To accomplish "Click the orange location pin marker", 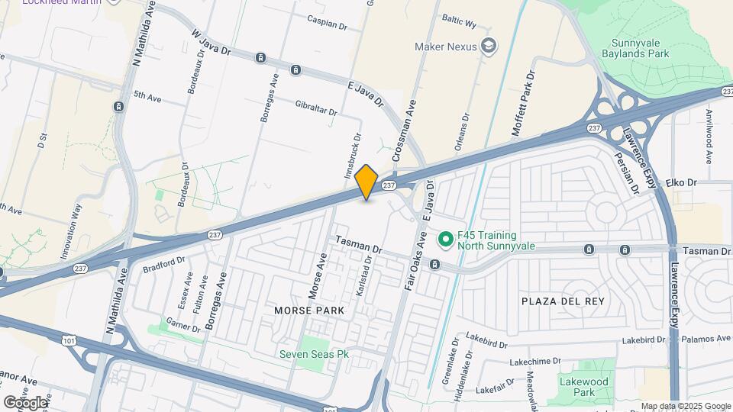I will pyautogui.click(x=366, y=182).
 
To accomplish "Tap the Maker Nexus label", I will pyautogui.click(x=445, y=47).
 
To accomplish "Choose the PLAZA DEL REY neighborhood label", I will pyautogui.click(x=563, y=301).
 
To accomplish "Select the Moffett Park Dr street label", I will pyautogui.click(x=526, y=98).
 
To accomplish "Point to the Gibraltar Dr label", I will pyautogui.click(x=310, y=108).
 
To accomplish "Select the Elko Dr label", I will pyautogui.click(x=682, y=183).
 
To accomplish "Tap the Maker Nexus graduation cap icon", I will pyautogui.click(x=486, y=47).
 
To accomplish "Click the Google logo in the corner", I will pyautogui.click(x=25, y=402).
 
